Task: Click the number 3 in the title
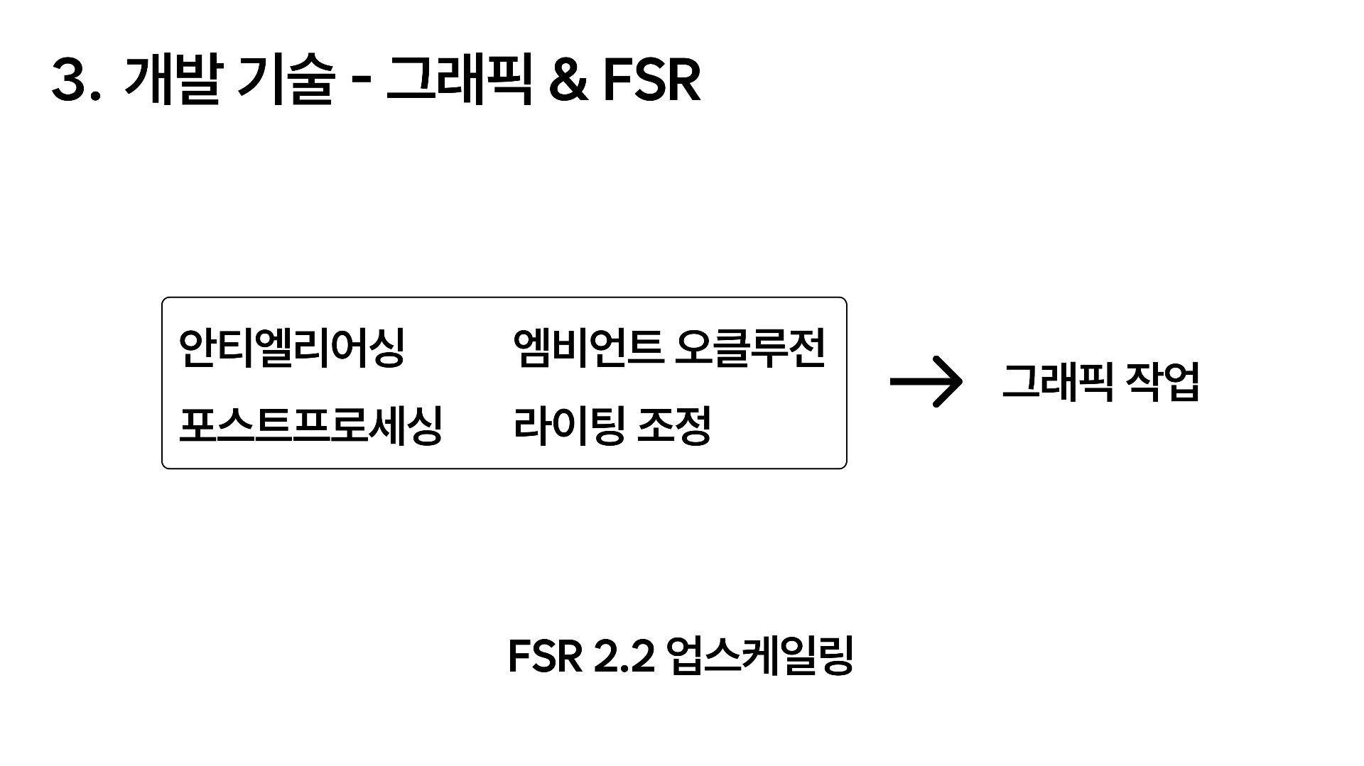click(x=69, y=81)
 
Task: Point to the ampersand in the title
click(x=568, y=81)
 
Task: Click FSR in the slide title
click(x=651, y=81)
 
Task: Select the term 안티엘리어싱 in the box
click(x=291, y=348)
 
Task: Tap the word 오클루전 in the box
click(x=752, y=348)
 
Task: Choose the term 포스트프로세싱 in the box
click(x=310, y=425)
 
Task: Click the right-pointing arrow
click(x=926, y=382)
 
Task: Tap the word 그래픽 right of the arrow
click(x=1057, y=382)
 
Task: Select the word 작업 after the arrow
click(x=1163, y=382)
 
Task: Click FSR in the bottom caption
click(x=545, y=657)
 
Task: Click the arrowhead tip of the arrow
click(x=960, y=382)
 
